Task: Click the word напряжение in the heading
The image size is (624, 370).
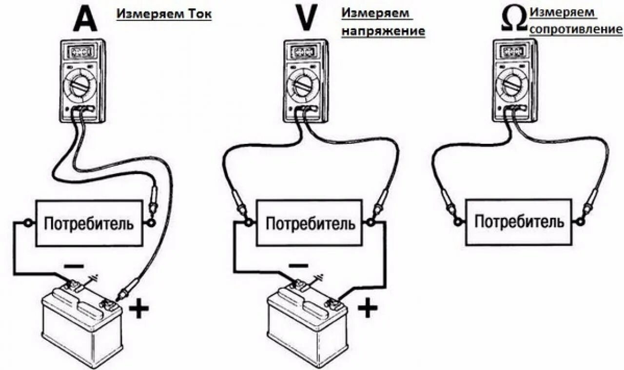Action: pos(383,31)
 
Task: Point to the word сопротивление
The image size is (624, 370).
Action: pos(575,29)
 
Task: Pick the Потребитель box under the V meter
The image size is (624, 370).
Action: pos(310,224)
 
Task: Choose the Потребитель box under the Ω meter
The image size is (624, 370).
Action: pos(519,222)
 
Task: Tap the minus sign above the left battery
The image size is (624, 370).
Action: pos(74,266)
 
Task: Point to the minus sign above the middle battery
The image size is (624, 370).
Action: pos(298,266)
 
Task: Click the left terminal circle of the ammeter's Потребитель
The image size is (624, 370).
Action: pos(28,223)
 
